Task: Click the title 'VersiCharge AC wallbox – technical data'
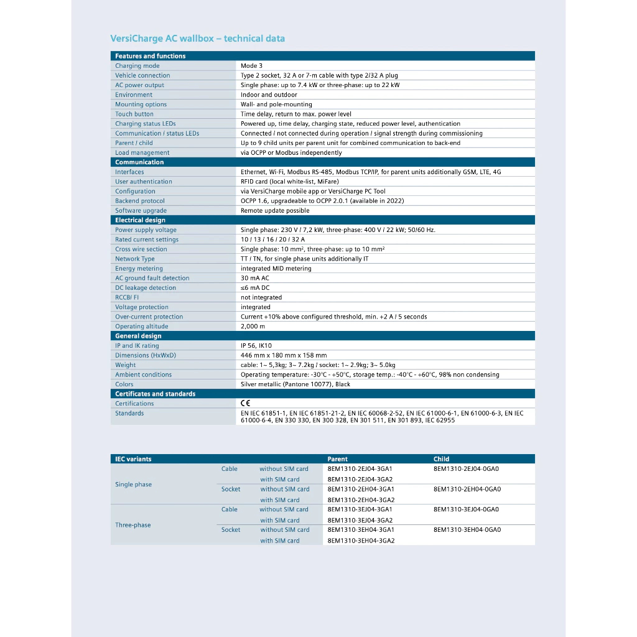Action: click(197, 39)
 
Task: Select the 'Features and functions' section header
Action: click(150, 56)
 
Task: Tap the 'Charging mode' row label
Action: click(137, 66)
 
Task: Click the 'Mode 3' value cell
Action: click(251, 66)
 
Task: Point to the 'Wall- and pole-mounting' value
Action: click(276, 105)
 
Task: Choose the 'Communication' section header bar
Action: click(139, 162)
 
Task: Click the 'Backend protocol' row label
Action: click(139, 201)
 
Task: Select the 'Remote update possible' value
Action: click(274, 211)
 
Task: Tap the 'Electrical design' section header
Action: click(140, 220)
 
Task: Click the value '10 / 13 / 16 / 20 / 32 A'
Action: click(272, 239)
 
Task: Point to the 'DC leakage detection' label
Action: click(145, 288)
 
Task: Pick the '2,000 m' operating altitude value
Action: click(253, 327)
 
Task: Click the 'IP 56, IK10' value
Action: click(256, 346)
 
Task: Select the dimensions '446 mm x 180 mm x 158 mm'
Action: click(283, 356)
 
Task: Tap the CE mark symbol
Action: click(245, 404)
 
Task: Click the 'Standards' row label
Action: click(129, 414)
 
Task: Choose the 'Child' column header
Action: click(441, 459)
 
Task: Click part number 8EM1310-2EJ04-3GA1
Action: click(360, 469)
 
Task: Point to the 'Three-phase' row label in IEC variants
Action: click(133, 525)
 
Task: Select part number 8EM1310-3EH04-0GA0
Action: click(467, 530)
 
